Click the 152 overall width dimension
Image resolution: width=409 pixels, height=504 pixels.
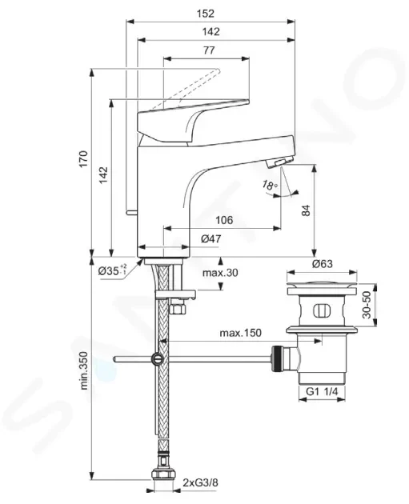tap(206, 14)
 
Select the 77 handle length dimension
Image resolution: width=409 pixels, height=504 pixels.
tap(209, 50)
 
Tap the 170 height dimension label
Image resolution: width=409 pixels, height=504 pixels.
tap(83, 158)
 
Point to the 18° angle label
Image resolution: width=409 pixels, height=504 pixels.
tap(270, 185)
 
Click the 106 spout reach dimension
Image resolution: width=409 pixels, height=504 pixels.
tap(224, 220)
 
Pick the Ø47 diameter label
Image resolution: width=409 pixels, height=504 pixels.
tap(211, 239)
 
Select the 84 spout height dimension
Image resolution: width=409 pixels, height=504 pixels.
tap(306, 210)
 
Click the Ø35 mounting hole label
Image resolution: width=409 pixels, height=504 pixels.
tap(112, 270)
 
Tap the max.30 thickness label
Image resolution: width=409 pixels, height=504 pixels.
tap(220, 273)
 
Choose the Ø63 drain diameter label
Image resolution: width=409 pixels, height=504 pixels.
tap(323, 264)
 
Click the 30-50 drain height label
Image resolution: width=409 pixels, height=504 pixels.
tap(367, 305)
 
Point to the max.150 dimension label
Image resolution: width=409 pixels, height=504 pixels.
tap(240, 333)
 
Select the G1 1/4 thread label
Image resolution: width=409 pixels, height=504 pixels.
tap(322, 391)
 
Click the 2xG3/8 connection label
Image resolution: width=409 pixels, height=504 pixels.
tap(200, 482)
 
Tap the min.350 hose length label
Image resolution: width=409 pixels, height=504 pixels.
tap(83, 370)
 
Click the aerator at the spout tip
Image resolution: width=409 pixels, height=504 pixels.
tap(280, 162)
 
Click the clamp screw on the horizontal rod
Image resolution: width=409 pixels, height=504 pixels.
tap(157, 359)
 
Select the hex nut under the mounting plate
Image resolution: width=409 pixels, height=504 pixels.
tap(178, 308)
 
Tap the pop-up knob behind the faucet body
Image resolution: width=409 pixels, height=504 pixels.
tap(131, 213)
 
